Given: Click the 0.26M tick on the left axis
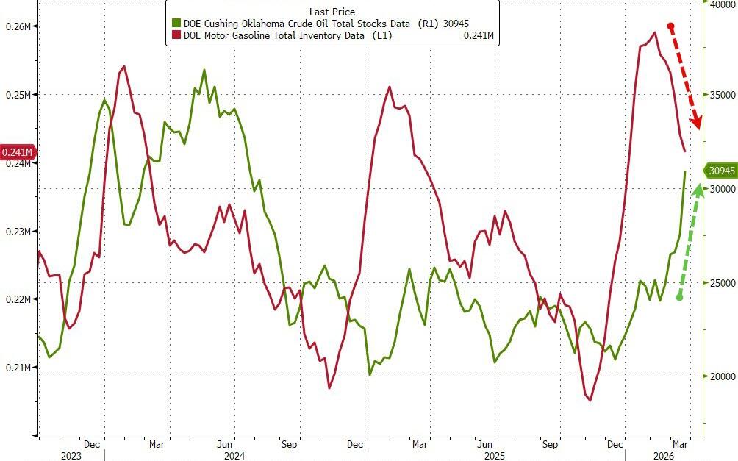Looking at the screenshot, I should (x=18, y=26).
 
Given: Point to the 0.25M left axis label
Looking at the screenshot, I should (x=18, y=95).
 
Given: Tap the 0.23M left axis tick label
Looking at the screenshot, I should (x=18, y=232).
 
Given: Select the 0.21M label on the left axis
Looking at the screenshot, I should (x=18, y=368).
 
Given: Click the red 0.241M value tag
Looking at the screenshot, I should (x=18, y=152).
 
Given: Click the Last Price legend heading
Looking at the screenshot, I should (x=332, y=12).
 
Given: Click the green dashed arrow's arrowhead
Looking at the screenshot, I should (x=694, y=179).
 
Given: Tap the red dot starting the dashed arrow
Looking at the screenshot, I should (x=671, y=26).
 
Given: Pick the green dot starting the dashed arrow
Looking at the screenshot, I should (x=680, y=297).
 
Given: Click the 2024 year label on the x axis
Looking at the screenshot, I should (x=235, y=455).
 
